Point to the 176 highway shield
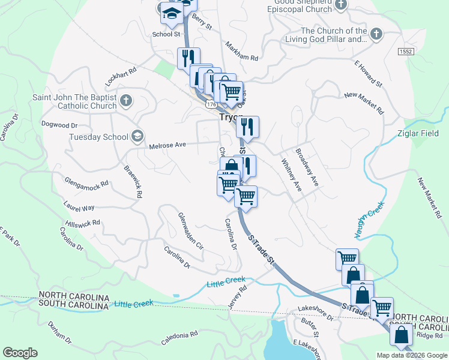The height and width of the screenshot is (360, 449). click(x=211, y=104)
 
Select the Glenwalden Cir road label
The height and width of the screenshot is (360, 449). click(x=191, y=231)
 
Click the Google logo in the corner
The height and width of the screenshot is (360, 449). click(x=20, y=353)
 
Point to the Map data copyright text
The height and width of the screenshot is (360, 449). click(x=412, y=355)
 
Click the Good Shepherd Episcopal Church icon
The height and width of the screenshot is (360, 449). click(x=342, y=6)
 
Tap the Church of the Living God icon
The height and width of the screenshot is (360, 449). click(x=376, y=34)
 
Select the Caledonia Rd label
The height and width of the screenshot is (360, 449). click(x=179, y=338)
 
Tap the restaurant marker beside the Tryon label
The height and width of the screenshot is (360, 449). click(x=247, y=127)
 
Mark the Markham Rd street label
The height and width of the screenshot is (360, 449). click(x=241, y=52)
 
